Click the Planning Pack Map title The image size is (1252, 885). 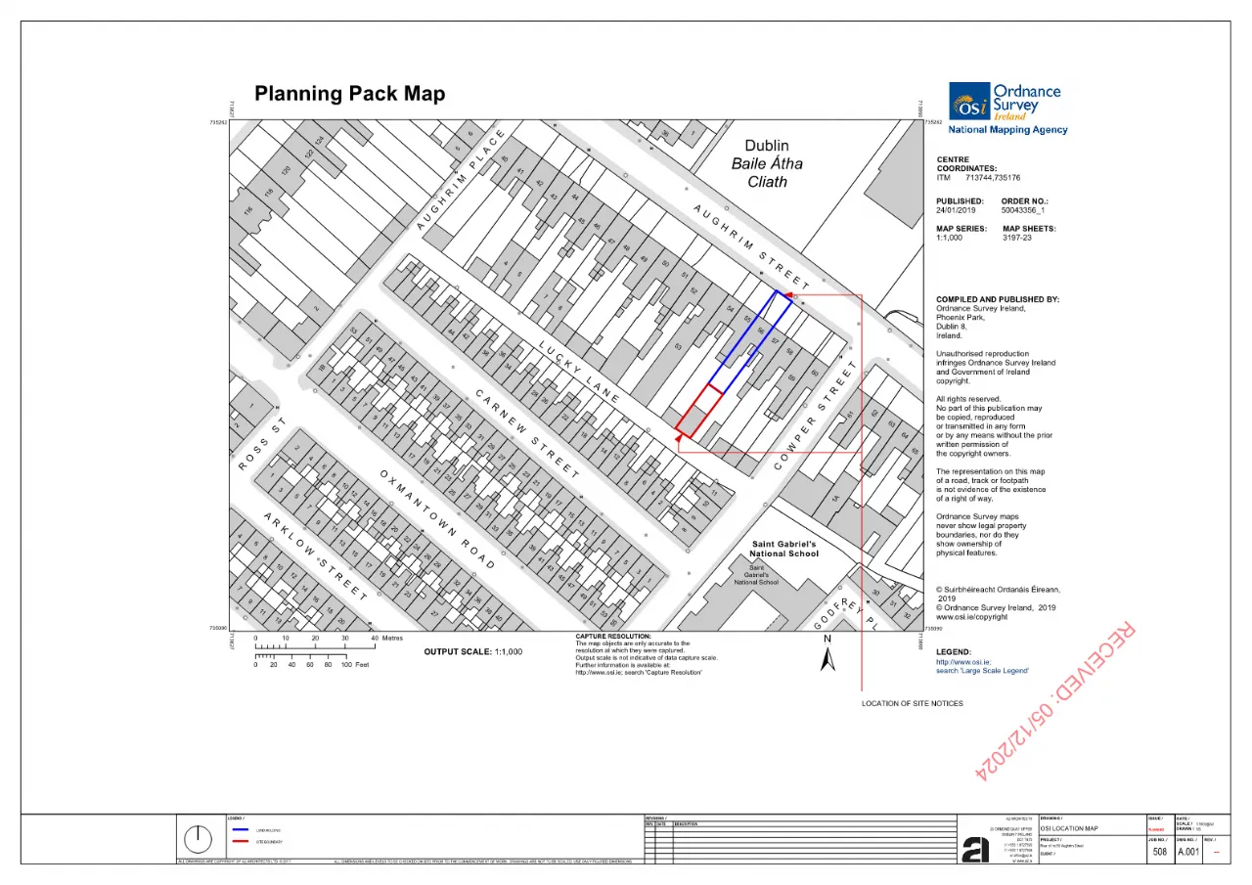click(x=349, y=94)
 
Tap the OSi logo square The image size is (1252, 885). click(x=968, y=102)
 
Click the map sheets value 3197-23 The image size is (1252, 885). click(x=1017, y=238)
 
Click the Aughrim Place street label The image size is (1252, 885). click(x=460, y=181)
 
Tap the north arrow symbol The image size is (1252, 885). click(x=827, y=660)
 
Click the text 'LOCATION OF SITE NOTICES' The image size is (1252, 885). click(x=912, y=703)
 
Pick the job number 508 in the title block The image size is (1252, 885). click(x=1159, y=852)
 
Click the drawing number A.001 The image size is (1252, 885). click(x=1187, y=852)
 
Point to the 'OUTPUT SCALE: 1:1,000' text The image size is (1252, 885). click(x=473, y=651)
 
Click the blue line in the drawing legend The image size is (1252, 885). click(x=241, y=829)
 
